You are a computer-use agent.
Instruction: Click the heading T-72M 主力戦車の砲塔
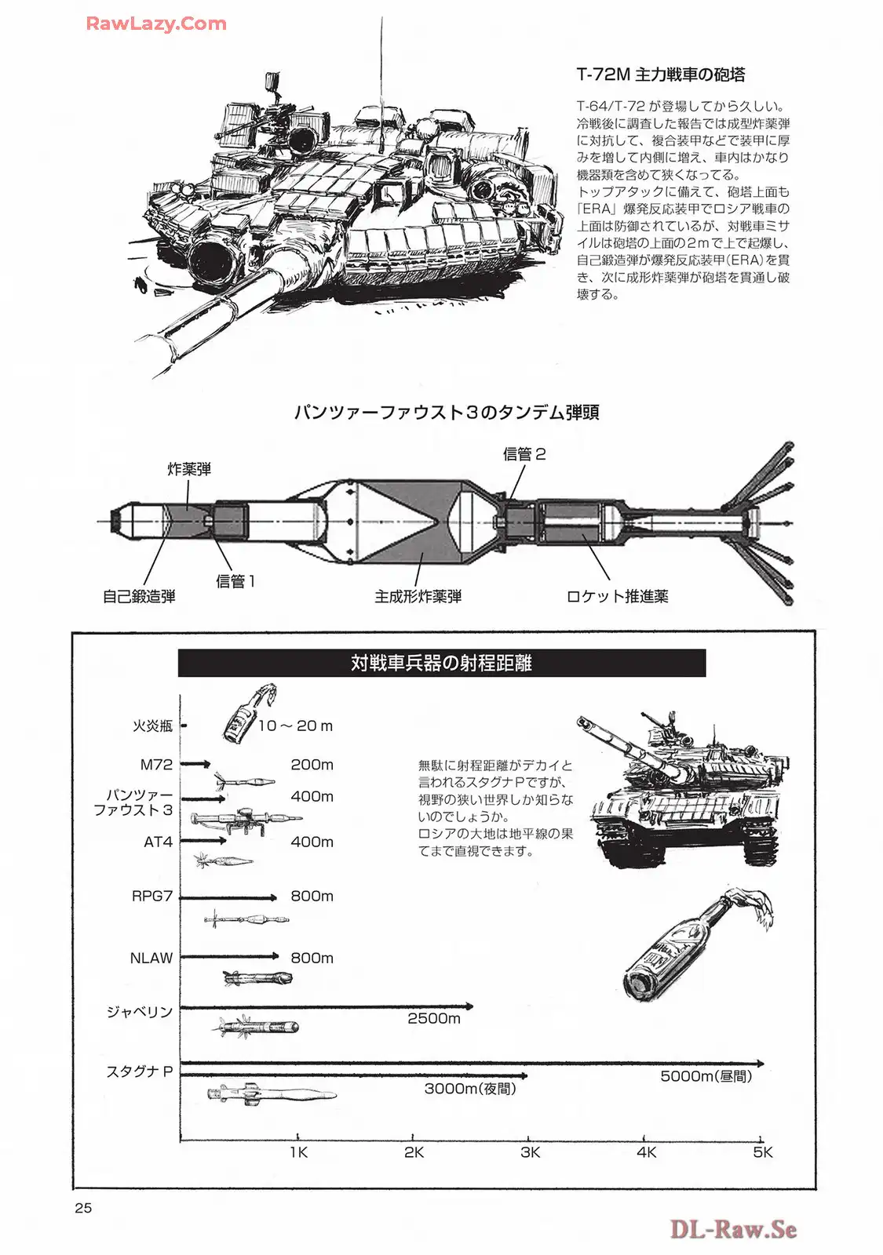(661, 75)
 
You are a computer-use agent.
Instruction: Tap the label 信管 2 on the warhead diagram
(524, 454)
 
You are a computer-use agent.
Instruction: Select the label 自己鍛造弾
(139, 597)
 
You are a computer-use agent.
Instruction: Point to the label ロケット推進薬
(617, 597)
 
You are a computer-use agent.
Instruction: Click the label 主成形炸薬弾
(418, 597)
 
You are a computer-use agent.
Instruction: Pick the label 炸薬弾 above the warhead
(189, 469)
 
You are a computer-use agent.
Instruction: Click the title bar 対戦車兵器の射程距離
(441, 663)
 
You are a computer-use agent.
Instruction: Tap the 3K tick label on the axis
(531, 1152)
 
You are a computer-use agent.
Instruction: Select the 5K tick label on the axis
(762, 1152)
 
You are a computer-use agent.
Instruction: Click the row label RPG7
(151, 896)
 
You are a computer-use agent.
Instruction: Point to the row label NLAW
(151, 958)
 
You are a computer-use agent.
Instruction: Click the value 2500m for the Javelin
(433, 1019)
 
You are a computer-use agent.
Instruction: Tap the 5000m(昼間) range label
(706, 1077)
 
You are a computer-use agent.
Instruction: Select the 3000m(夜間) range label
(470, 1089)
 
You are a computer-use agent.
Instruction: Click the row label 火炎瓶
(152, 726)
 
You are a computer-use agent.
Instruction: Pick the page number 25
(83, 1208)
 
